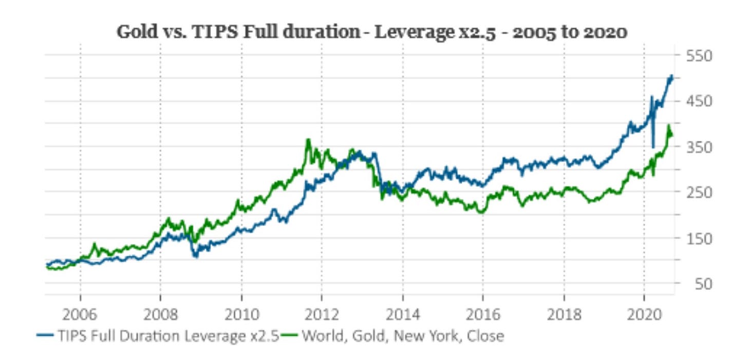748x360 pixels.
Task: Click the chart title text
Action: (x=372, y=32)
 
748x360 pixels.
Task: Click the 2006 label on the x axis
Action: (x=80, y=314)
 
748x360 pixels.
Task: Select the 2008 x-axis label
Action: (x=160, y=314)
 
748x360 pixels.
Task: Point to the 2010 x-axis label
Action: (x=241, y=314)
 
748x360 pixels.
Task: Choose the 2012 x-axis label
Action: (x=322, y=314)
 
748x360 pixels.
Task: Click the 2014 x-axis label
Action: (x=402, y=314)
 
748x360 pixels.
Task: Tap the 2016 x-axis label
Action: (x=483, y=314)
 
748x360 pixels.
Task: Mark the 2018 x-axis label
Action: (x=564, y=314)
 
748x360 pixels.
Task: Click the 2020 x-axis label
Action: (x=644, y=314)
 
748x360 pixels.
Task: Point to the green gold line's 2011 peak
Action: (x=308, y=140)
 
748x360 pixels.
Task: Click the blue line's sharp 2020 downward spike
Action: (x=653, y=146)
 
